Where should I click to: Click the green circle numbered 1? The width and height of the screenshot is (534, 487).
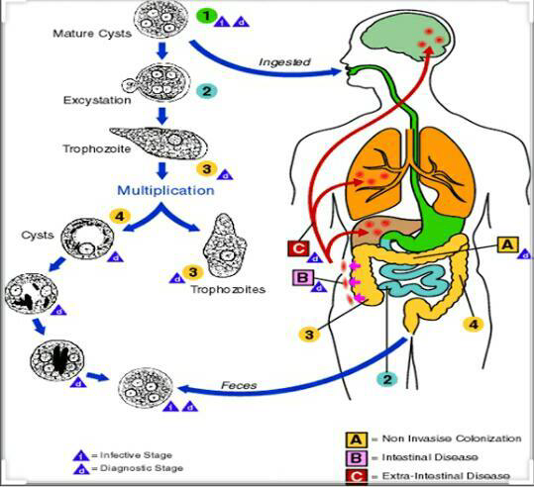206,16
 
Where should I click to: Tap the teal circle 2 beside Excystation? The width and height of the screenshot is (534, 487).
206,91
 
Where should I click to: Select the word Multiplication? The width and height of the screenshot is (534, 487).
165,190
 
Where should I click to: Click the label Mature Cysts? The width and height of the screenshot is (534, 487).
92,34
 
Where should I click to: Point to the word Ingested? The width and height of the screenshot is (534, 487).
284,62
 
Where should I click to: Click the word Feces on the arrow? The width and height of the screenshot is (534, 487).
239,385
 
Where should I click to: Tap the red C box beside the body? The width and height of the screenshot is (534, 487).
298,248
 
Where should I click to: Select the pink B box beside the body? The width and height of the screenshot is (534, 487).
302,277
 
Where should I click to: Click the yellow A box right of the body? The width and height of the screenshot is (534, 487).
508,244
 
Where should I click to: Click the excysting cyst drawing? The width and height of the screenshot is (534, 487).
156,82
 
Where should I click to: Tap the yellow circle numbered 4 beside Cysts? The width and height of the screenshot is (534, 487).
120,216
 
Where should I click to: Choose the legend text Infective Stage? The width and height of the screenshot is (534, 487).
136,455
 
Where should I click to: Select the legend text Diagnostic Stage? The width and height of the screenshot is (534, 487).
142,468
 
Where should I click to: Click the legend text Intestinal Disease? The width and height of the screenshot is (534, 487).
430,457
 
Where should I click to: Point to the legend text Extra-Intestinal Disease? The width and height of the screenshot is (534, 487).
446,476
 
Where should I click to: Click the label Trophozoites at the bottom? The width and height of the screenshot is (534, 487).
228,290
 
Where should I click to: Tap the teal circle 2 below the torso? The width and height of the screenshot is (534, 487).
387,379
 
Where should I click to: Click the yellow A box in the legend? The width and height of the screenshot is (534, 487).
357,439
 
